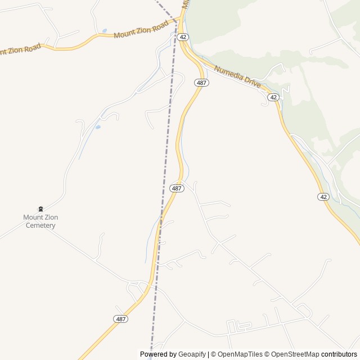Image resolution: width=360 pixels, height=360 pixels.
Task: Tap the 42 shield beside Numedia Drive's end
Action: [x=273, y=97]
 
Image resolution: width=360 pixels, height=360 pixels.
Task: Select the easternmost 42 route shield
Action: [x=323, y=196]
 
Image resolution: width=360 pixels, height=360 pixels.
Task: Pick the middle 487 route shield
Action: [x=177, y=188]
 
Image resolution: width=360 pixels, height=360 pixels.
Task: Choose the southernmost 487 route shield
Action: [x=120, y=319]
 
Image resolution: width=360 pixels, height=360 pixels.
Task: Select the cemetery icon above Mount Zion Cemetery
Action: [x=40, y=209]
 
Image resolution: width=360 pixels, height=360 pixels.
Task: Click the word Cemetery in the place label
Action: [x=40, y=226]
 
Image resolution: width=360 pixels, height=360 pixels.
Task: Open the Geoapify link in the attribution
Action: [x=192, y=354]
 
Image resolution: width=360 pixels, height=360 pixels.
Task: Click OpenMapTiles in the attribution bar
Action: [x=240, y=354]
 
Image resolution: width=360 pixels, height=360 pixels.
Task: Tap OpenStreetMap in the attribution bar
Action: [x=295, y=354]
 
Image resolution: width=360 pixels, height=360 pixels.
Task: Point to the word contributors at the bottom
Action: [x=339, y=354]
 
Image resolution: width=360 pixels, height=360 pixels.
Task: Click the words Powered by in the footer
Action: [x=158, y=354]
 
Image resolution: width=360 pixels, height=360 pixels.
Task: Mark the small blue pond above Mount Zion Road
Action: [x=104, y=31]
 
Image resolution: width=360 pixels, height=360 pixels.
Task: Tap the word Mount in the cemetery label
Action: [x=33, y=217]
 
